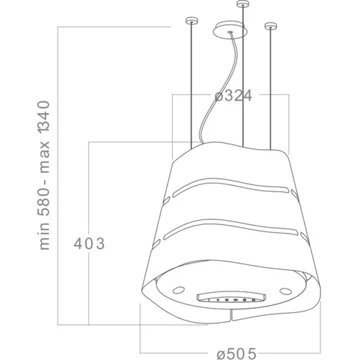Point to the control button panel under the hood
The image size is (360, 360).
pyautogui.click(x=233, y=296)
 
